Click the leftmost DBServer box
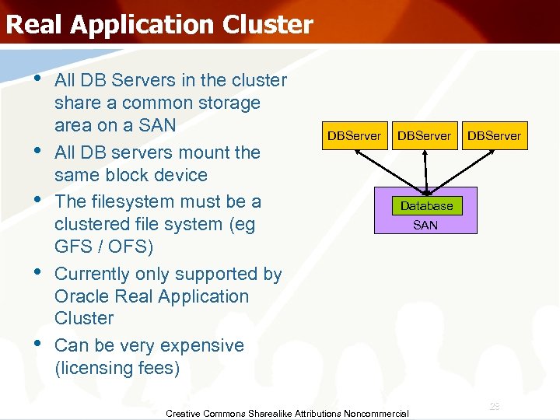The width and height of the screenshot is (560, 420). [x=354, y=135]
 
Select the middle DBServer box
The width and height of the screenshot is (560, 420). [x=424, y=135]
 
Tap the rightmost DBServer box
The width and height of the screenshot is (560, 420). [x=494, y=135]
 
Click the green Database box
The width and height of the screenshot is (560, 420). [x=426, y=205]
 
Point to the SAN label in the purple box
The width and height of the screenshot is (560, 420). [x=425, y=225]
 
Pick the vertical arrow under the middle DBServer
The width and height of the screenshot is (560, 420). [x=425, y=171]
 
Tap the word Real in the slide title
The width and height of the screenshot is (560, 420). [x=33, y=24]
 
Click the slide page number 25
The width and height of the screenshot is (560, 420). [x=495, y=406]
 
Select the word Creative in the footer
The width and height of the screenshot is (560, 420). [x=184, y=413]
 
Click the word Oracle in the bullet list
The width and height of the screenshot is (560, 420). [x=82, y=296]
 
